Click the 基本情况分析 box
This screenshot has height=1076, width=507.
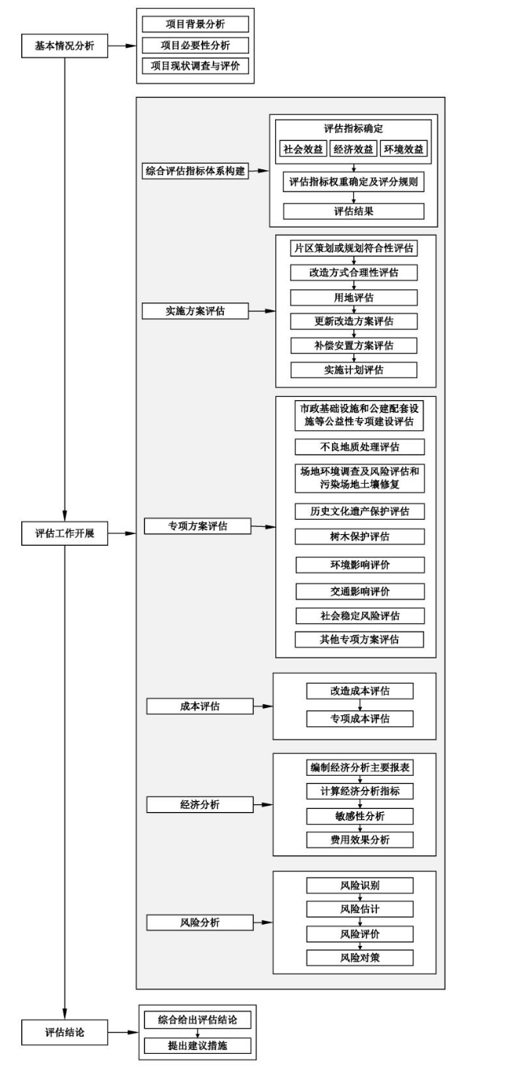64,46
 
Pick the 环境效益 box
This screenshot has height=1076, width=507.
402,150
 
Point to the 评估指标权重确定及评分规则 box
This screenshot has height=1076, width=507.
353,182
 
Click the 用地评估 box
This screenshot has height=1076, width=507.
353,298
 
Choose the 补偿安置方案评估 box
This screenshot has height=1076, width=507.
353,345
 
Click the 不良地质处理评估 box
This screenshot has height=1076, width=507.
360,447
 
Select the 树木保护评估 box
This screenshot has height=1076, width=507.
360,536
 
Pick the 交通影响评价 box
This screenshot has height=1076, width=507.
360,591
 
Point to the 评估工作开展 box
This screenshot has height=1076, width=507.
64,533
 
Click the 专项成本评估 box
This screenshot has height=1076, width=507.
360,718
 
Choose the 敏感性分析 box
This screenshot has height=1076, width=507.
360,815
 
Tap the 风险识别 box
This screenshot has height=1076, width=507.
360,885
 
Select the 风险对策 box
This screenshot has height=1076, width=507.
360,957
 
